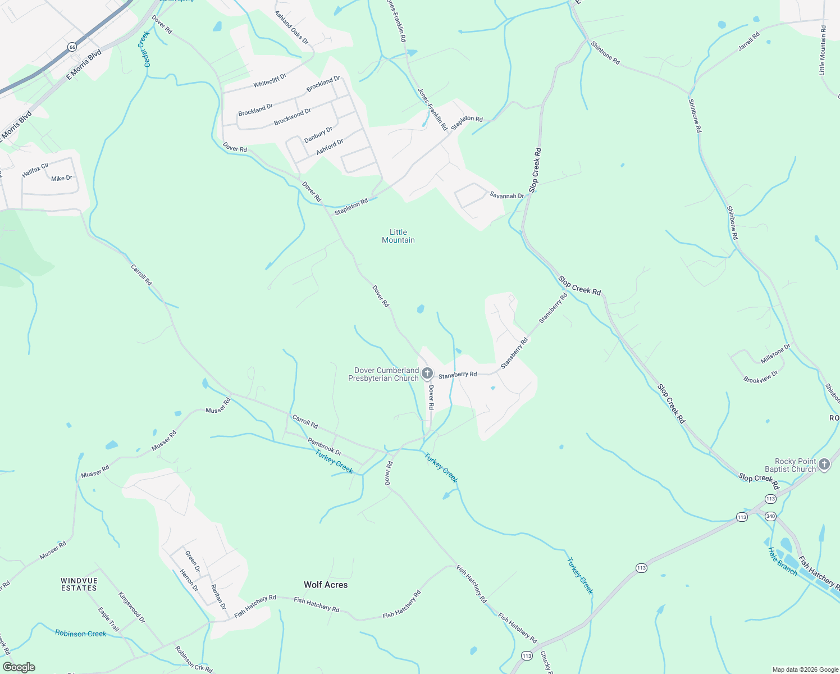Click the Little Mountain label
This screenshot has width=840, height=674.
(398, 236)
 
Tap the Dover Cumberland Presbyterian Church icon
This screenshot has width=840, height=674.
(427, 373)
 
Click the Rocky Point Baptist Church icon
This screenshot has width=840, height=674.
(824, 464)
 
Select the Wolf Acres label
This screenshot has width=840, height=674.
(326, 585)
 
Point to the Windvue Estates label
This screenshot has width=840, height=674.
(79, 584)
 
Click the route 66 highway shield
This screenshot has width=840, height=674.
(72, 47)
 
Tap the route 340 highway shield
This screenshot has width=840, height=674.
(770, 516)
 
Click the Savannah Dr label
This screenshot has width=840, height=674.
(507, 195)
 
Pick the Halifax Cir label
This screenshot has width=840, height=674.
(35, 170)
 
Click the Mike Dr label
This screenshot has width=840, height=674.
(62, 178)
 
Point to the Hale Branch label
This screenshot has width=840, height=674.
(783, 561)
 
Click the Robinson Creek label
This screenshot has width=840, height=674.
(81, 634)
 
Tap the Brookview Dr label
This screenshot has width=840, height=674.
(761, 377)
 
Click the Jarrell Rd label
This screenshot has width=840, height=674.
(748, 41)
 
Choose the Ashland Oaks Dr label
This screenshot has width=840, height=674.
(291, 28)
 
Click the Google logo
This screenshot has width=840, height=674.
(19, 667)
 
